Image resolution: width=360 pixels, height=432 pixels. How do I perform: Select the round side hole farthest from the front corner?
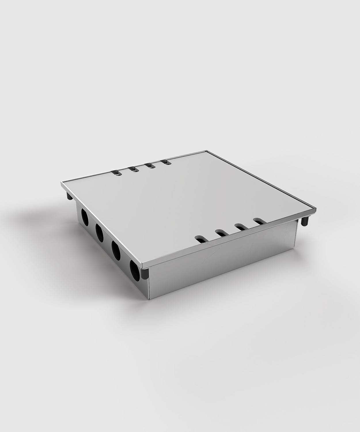point(85,217)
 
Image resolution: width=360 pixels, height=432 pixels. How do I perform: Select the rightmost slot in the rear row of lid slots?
point(166,163)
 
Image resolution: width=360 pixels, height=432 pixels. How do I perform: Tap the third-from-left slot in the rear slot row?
point(150,166)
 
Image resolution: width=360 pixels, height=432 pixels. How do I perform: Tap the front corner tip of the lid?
point(143,266)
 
